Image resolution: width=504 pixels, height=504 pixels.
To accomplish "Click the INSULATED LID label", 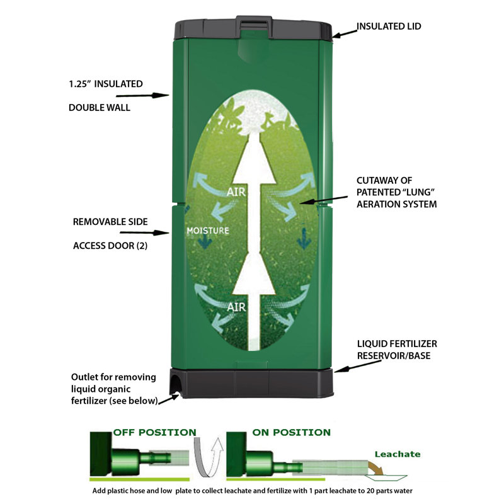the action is click(389, 26).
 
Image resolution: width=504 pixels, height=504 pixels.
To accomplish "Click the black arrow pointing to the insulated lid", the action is click(345, 34).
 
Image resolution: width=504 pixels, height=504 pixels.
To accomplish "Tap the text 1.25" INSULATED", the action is click(106, 84).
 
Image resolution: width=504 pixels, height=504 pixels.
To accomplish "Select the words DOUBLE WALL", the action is click(100, 108).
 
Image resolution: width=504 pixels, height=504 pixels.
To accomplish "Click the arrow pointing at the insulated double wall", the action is click(142, 96).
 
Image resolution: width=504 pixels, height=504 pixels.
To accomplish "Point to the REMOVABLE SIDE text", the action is click(110, 222).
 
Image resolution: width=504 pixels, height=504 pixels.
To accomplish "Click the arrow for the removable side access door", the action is click(144, 232).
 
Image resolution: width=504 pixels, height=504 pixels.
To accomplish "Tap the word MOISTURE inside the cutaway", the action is click(208, 231).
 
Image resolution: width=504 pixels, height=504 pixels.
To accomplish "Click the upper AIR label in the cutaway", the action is click(236, 192).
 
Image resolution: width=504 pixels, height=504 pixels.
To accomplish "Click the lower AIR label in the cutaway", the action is click(237, 307).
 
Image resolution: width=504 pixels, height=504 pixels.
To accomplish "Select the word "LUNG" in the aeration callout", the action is click(416, 192).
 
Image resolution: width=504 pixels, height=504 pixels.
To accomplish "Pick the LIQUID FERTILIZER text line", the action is click(397, 344).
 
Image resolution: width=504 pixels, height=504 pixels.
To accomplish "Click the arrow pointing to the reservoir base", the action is click(358, 367).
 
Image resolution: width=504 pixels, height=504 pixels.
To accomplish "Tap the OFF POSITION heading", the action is click(154, 432).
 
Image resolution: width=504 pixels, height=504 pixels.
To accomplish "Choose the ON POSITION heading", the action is click(291, 432).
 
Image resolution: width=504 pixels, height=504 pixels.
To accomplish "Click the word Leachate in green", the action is click(398, 454).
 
